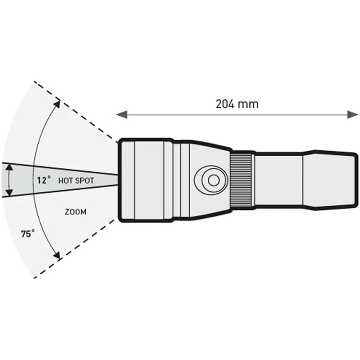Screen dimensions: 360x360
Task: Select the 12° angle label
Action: [x=44, y=181]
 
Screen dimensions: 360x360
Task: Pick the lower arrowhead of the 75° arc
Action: [x=57, y=254]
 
